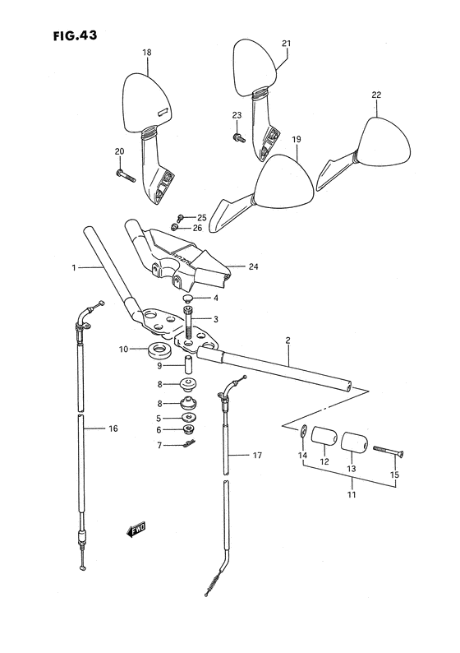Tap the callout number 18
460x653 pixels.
[146, 53]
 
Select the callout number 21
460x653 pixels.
[287, 44]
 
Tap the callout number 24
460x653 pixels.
[253, 266]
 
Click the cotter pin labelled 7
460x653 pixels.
[187, 446]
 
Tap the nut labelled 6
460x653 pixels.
[187, 428]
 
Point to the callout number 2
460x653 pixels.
[288, 340]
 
